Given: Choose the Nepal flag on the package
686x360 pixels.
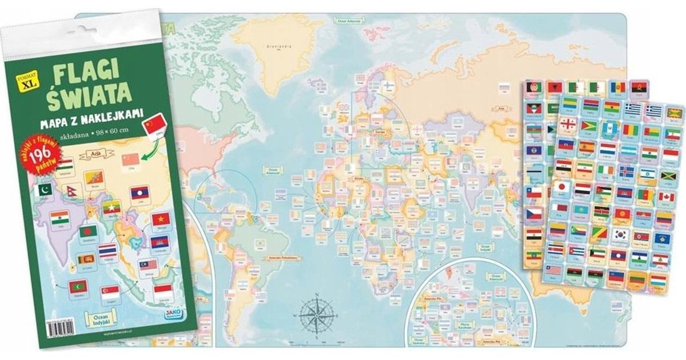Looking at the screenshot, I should click(x=72, y=191).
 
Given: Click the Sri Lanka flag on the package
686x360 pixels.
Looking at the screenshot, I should click(x=83, y=261).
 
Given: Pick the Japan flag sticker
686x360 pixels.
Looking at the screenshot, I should click(x=561, y=187).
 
